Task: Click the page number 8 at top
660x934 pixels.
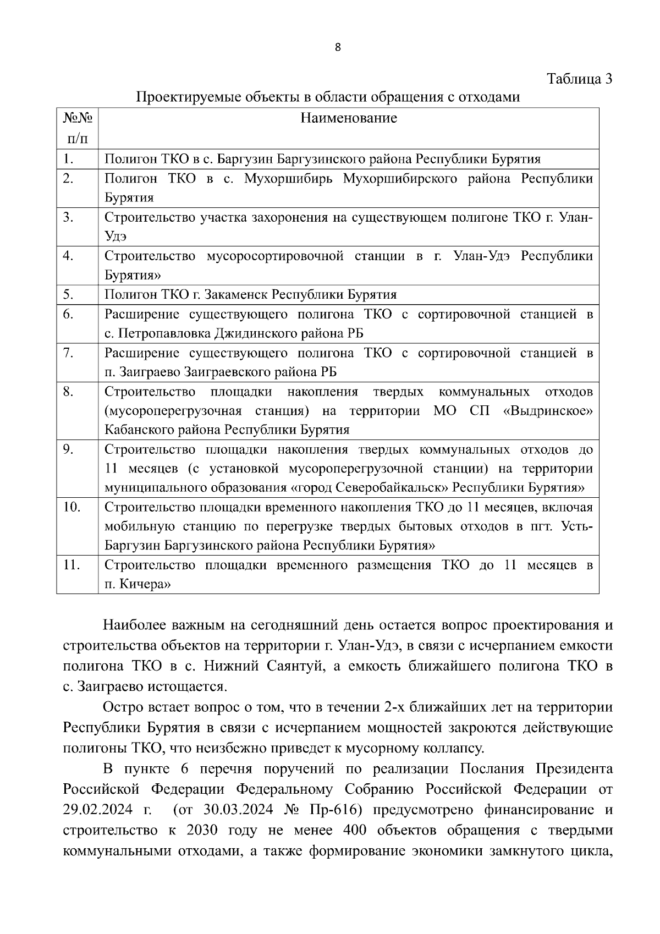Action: tap(338, 48)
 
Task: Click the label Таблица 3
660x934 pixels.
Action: tap(579, 79)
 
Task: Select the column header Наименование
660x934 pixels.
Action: tap(349, 118)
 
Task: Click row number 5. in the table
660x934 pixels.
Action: tap(69, 294)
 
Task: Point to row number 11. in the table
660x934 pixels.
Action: tap(71, 565)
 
